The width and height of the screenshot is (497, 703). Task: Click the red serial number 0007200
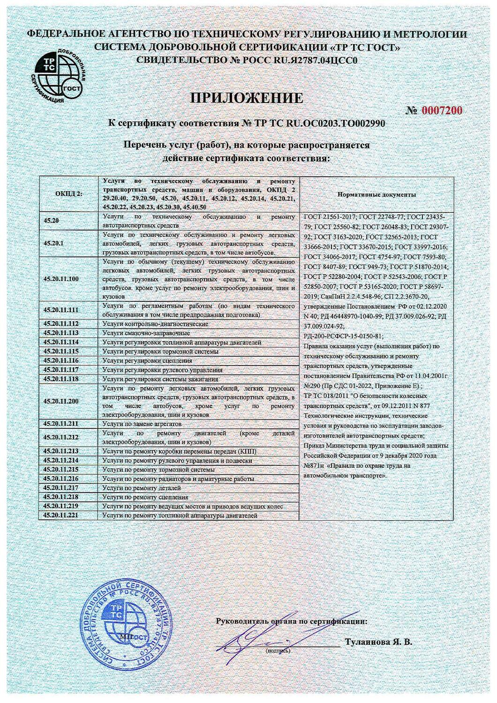coord(441,111)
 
